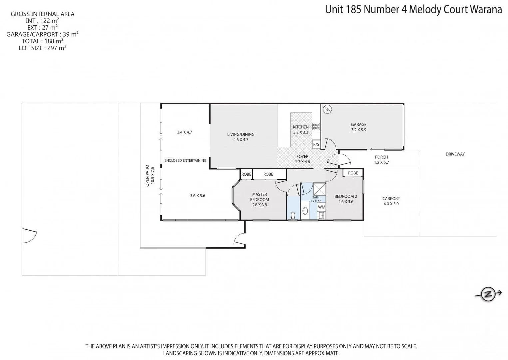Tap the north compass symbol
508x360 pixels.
488,294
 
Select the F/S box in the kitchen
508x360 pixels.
316,144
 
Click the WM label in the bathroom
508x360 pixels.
321,207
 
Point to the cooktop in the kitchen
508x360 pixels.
316,127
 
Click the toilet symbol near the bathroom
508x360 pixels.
293,215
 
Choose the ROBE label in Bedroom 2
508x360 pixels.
353,173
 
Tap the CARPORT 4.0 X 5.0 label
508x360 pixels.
391,201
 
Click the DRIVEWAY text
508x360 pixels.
455,154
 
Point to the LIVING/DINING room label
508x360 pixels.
241,137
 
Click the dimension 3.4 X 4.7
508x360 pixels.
184,132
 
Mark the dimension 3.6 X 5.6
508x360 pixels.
198,196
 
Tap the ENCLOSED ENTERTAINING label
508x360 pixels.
185,160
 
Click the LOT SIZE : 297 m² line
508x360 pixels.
42,48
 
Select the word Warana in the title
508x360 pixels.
486,9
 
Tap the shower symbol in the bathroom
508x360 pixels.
319,189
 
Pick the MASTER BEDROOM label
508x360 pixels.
259,199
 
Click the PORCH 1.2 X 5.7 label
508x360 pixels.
381,160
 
